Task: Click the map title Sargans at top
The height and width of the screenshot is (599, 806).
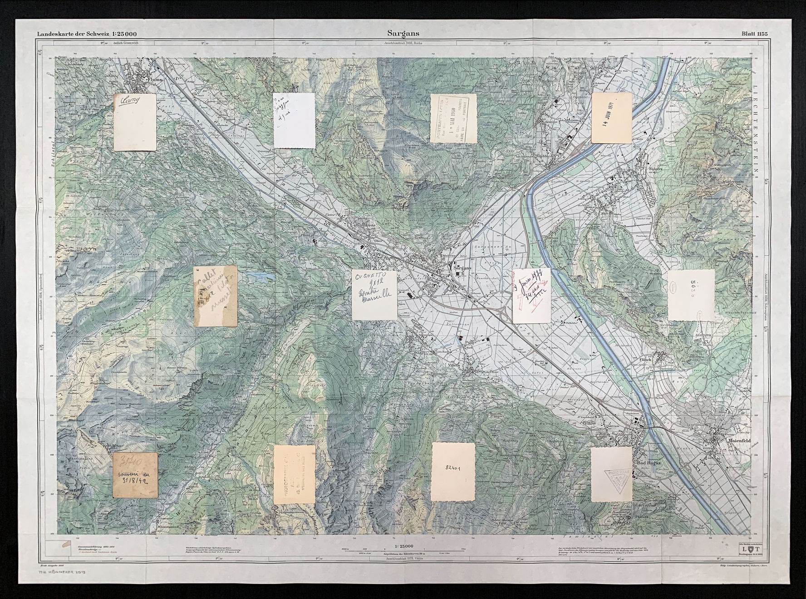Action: [403, 33]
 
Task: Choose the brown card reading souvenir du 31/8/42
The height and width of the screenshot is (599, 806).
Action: [135, 475]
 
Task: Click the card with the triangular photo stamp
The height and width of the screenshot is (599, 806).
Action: [611, 474]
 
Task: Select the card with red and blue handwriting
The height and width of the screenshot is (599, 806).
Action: [531, 295]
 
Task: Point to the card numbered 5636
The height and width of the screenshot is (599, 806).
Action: [691, 295]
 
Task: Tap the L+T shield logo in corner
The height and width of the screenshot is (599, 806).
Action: [749, 550]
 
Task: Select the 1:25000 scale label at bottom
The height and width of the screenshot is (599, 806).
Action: [403, 546]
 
